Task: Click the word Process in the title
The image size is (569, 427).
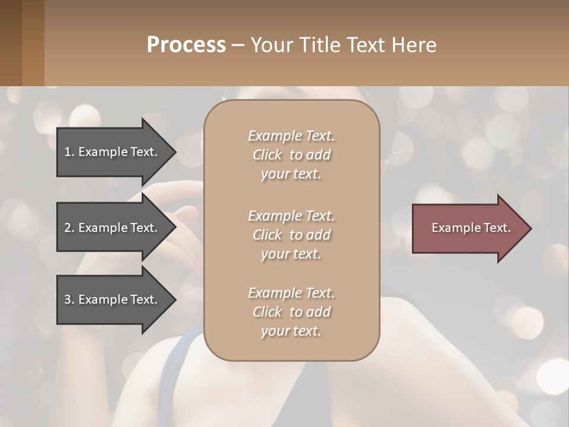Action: pos(186,44)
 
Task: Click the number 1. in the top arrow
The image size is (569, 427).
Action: pos(69,152)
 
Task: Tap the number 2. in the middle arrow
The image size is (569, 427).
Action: pos(69,228)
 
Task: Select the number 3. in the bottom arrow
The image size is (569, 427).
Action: pos(69,299)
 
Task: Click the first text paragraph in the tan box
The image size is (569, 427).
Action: pos(291,155)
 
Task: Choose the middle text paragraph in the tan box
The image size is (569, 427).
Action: pos(291,235)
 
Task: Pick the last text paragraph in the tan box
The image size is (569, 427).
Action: pos(291,312)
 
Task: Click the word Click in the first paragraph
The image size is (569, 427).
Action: pos(267,155)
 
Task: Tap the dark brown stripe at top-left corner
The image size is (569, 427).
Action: pos(11,43)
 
